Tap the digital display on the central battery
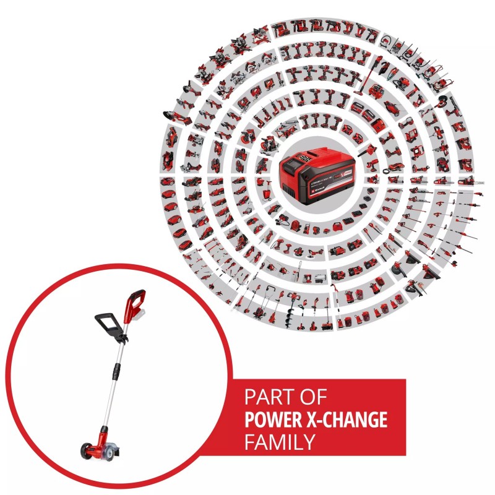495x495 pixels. pos(306,158)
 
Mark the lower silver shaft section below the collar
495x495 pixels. pos(107,402)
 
